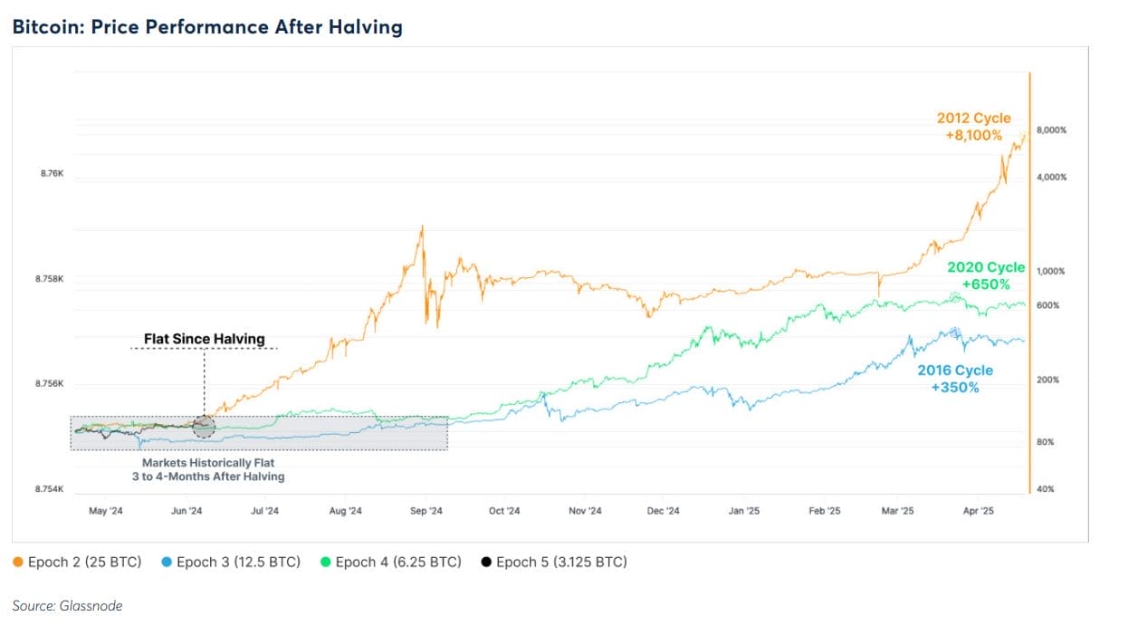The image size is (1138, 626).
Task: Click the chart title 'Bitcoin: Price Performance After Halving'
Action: [x=207, y=27]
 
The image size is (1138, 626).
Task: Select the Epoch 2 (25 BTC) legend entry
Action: [x=78, y=562]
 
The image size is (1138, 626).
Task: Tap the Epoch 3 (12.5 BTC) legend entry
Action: [x=231, y=562]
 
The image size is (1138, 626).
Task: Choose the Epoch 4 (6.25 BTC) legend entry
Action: [x=391, y=562]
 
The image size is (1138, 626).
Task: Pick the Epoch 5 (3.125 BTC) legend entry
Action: [x=554, y=562]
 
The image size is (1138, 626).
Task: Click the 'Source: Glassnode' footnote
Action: [x=67, y=605]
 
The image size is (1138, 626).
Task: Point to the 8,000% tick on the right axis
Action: [x=1051, y=130]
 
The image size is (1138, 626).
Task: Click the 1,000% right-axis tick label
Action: [x=1051, y=272]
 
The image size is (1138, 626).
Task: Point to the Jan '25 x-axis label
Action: [x=743, y=511]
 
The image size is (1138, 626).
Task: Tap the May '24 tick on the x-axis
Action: [x=105, y=511]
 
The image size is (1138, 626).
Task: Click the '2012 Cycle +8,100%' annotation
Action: [x=974, y=127]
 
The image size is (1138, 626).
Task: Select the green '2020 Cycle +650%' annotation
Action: [x=986, y=275]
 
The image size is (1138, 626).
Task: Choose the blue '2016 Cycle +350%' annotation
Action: [x=955, y=379]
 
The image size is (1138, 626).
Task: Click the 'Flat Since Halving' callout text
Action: [x=205, y=339]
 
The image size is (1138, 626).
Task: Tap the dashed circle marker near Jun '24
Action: [x=205, y=427]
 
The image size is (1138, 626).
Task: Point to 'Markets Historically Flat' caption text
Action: [x=208, y=463]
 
